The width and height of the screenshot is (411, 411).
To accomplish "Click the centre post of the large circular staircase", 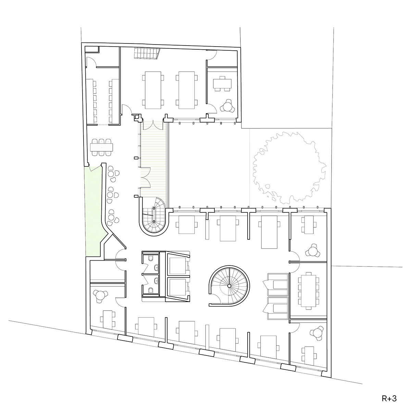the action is (229, 285).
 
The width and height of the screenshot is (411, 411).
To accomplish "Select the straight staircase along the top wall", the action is (147, 53).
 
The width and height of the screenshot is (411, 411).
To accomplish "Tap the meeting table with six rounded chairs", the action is (102, 147).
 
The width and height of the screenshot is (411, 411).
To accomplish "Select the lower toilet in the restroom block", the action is (151, 290).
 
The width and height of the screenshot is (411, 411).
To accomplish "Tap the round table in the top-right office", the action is (228, 105).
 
